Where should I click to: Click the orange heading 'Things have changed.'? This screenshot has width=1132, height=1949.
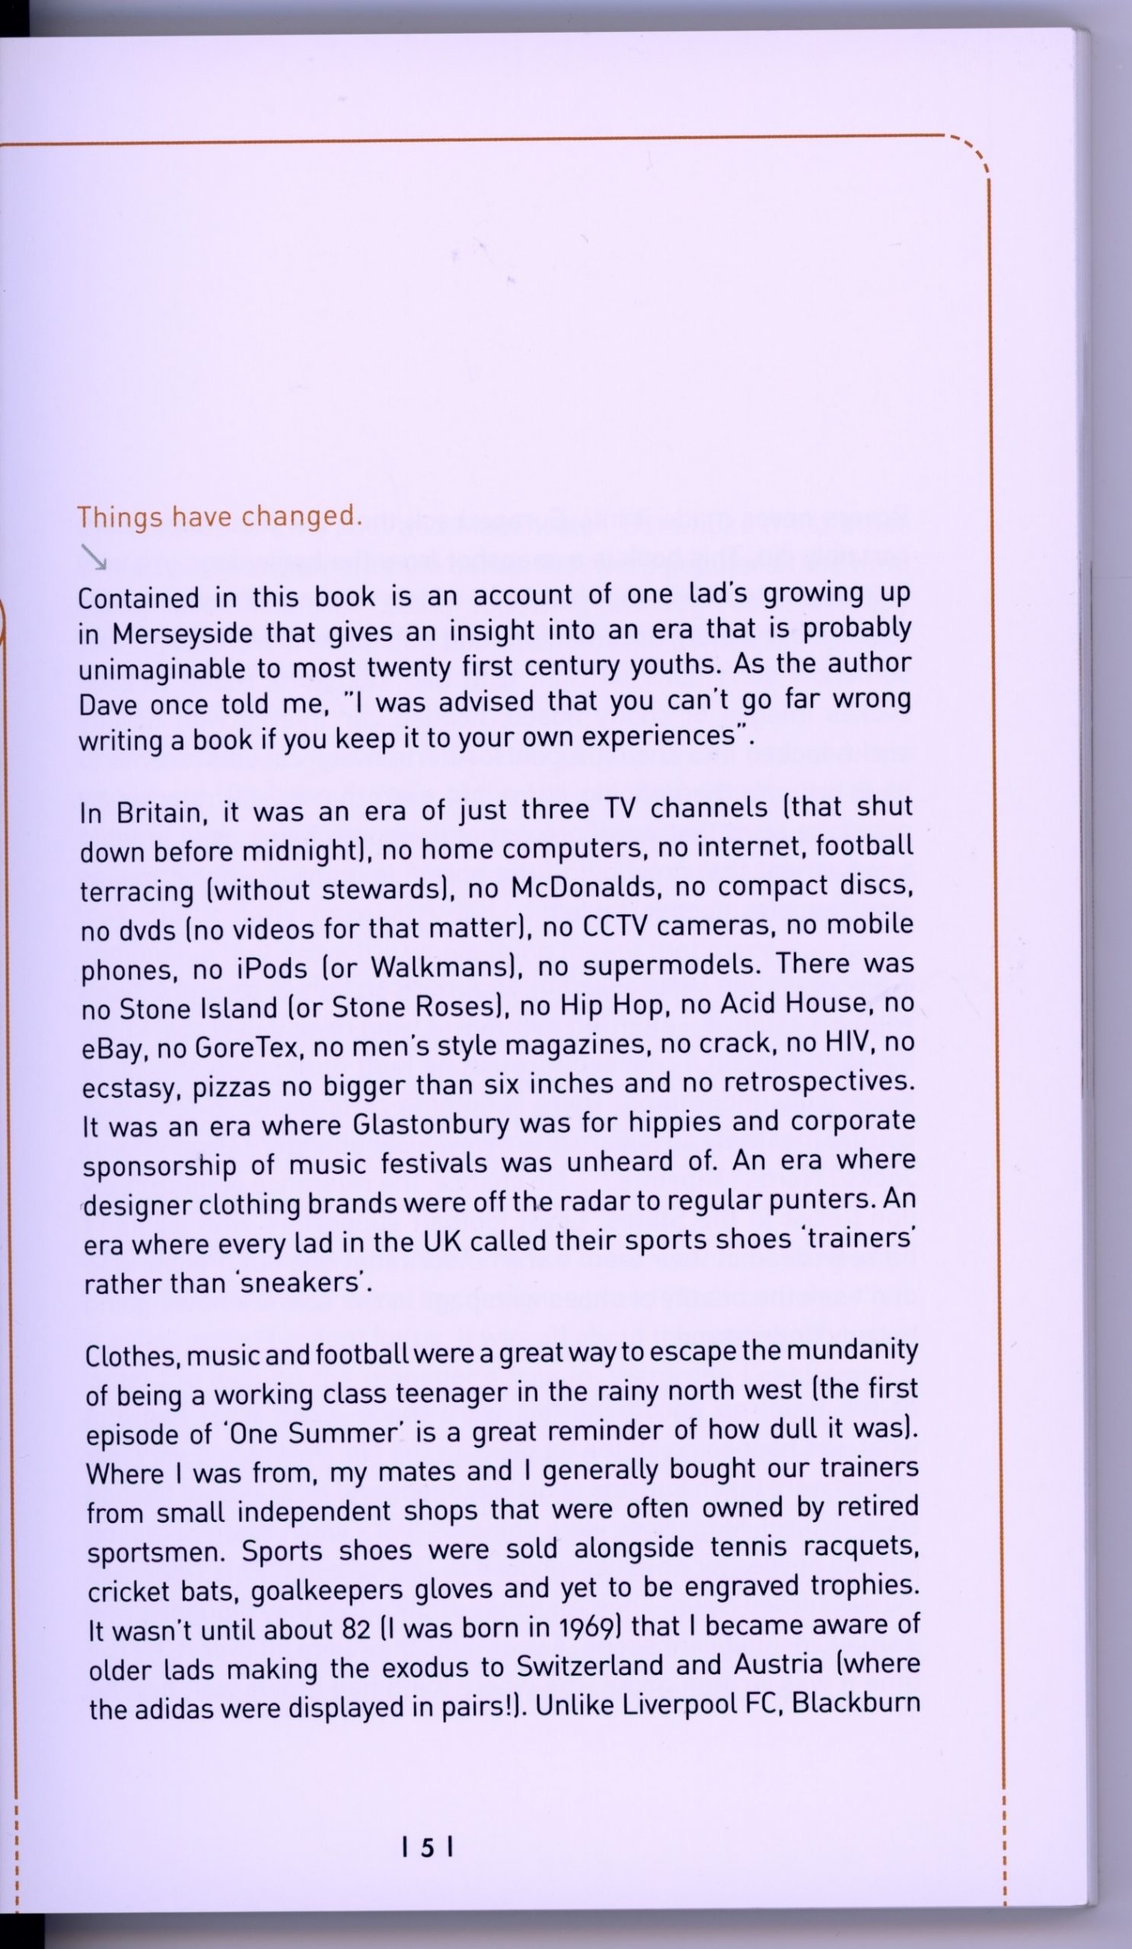[x=219, y=518]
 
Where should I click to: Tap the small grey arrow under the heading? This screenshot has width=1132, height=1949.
[x=94, y=554]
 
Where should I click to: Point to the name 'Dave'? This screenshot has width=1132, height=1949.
[x=107, y=705]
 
